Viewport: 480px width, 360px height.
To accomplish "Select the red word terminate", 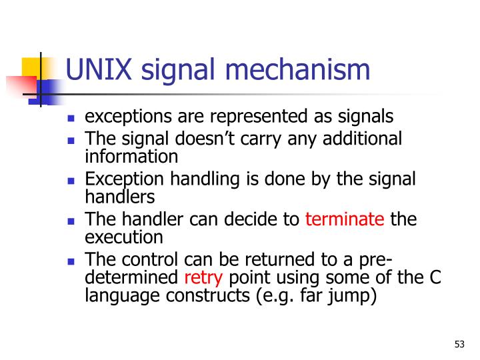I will coord(345,219).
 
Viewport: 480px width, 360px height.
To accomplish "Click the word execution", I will coord(124,237).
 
